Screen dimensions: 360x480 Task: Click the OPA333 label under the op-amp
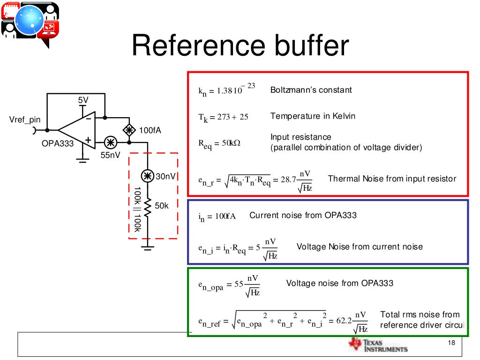coord(58,143)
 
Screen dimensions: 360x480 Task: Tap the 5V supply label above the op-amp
coord(83,100)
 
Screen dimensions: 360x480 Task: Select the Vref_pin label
coord(25,120)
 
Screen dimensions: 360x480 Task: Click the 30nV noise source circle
coord(148,176)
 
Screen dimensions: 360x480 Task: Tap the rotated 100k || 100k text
coord(137,210)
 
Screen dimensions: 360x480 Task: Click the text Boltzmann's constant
coord(311,90)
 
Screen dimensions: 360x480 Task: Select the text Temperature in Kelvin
coord(313,116)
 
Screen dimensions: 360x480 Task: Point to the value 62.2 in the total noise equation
coord(344,322)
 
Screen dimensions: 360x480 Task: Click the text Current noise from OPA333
coord(303,215)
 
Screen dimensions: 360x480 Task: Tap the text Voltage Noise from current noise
coord(360,247)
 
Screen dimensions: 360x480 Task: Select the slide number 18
coord(451,343)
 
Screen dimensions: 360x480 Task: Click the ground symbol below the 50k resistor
coord(148,247)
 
